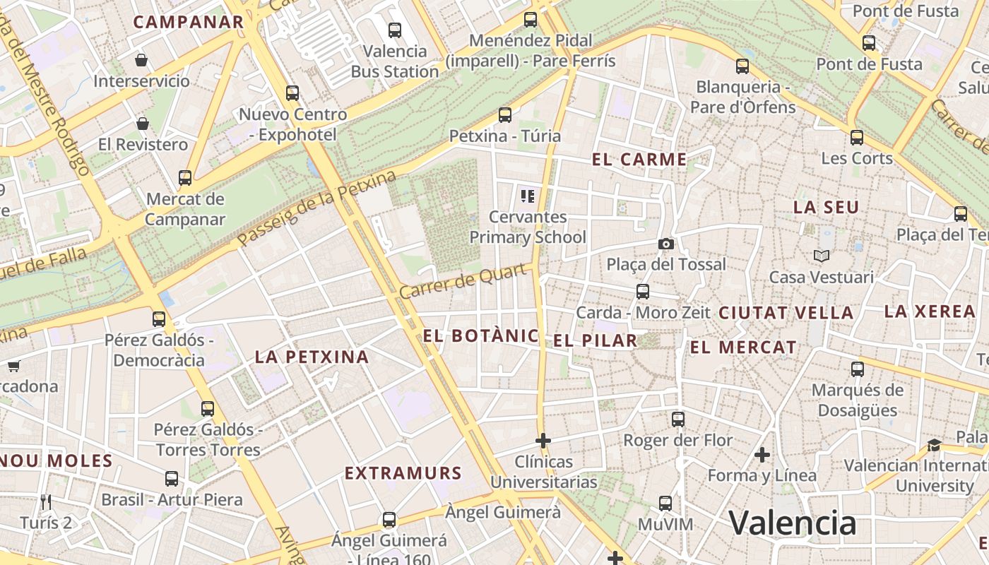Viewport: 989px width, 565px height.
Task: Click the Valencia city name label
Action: click(x=792, y=523)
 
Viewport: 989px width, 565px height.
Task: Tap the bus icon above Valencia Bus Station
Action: click(x=395, y=30)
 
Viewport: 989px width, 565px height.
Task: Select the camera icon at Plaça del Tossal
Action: click(x=665, y=244)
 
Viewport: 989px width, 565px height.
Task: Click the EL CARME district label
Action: click(x=639, y=160)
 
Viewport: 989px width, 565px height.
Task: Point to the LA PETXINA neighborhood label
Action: click(x=312, y=357)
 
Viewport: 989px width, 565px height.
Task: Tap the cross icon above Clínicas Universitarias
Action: click(x=543, y=441)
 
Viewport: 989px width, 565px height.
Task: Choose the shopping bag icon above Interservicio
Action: click(x=141, y=60)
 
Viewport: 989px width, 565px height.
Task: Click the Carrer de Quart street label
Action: click(x=464, y=281)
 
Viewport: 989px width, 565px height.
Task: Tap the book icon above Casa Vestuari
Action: click(x=821, y=256)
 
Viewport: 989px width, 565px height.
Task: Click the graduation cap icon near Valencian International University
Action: click(x=934, y=445)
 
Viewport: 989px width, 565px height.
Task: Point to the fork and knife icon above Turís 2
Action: click(x=46, y=502)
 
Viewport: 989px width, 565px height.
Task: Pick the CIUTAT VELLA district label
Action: click(x=786, y=313)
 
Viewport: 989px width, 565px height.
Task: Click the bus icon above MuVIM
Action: click(x=665, y=504)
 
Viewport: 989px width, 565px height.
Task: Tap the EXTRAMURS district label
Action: click(x=403, y=473)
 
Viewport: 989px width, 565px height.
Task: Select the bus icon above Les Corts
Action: click(x=857, y=137)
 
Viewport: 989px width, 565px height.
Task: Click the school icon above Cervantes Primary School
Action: click(x=527, y=196)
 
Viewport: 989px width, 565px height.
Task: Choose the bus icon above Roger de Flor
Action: click(x=678, y=420)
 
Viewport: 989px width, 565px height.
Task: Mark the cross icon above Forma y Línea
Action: click(x=762, y=454)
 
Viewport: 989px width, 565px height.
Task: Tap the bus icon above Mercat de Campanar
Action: click(x=185, y=178)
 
